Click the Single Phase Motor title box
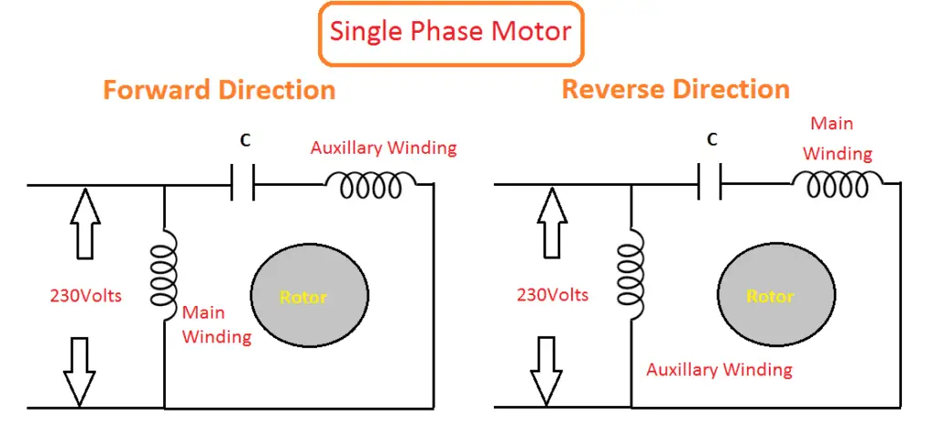(x=450, y=32)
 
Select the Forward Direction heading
(x=219, y=90)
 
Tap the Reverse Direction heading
(x=675, y=89)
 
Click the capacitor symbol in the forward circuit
(x=242, y=186)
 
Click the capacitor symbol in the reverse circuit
(x=709, y=186)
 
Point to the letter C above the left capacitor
(x=245, y=141)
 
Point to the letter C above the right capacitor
(x=713, y=140)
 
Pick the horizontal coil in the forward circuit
(x=370, y=186)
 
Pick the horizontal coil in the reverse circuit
(x=836, y=185)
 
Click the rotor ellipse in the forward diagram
(x=303, y=296)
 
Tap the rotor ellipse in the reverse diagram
(x=770, y=296)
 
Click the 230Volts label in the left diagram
(x=86, y=295)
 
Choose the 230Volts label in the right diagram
(x=552, y=295)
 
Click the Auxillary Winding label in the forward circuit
(x=384, y=148)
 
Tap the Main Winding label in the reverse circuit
(x=836, y=138)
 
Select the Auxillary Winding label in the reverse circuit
(x=719, y=370)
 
